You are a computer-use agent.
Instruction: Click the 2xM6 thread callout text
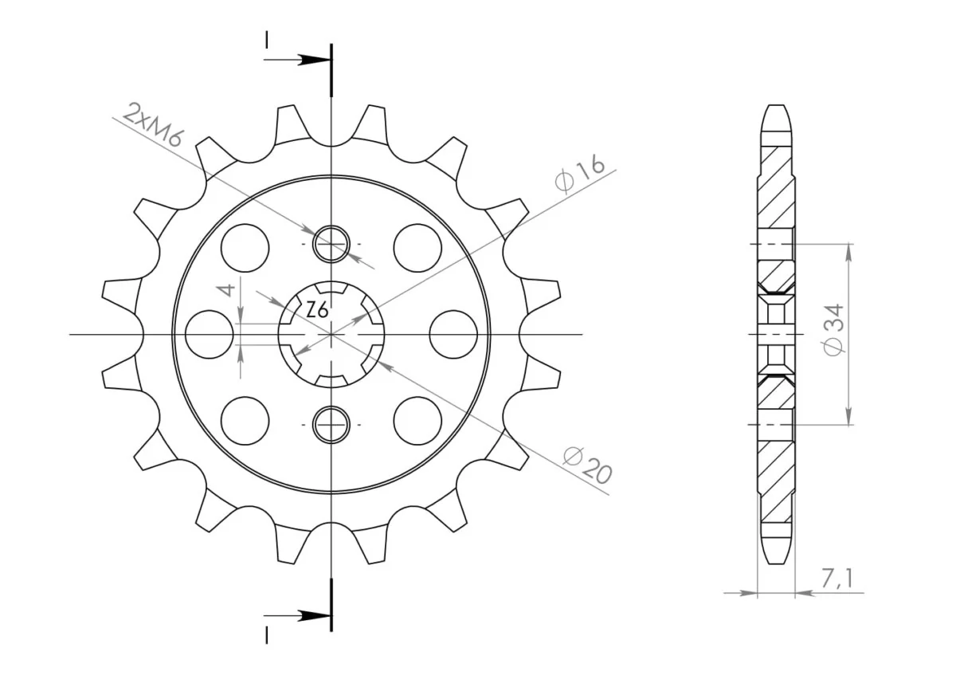pos(153,124)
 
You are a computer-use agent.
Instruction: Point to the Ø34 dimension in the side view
pos(833,329)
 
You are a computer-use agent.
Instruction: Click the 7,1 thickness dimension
pos(836,579)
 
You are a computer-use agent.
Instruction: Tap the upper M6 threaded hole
pos(331,244)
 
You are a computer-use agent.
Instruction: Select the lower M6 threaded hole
pos(331,425)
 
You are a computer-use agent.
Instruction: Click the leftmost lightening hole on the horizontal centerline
pos(210,335)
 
